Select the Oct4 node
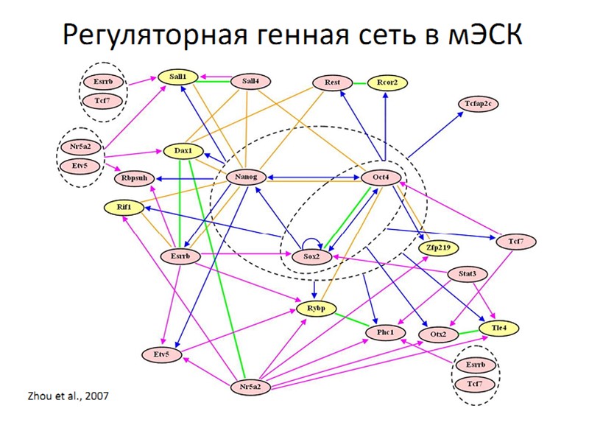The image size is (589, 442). (x=381, y=178)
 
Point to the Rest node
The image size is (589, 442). (x=332, y=83)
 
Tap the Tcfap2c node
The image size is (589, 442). (x=479, y=103)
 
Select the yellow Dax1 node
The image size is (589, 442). (x=183, y=151)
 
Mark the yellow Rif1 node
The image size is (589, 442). (x=124, y=208)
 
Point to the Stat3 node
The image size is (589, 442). (x=467, y=275)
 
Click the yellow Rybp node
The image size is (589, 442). (x=317, y=307)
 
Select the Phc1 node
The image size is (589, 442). (x=386, y=333)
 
